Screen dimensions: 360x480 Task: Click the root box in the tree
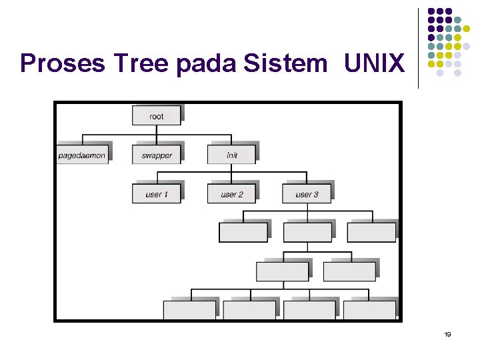click(156, 116)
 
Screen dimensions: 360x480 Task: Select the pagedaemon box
click(82, 155)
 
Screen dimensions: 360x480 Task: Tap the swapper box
click(157, 155)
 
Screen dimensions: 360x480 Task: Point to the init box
click(231, 155)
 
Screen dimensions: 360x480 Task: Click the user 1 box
click(157, 194)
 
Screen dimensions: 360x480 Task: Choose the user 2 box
click(231, 194)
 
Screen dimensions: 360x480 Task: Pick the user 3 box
click(307, 194)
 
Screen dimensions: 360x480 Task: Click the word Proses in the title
click(63, 63)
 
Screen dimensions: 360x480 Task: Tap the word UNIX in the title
click(375, 63)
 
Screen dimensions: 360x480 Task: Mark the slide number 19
click(447, 334)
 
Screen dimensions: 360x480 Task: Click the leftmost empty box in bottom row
click(189, 310)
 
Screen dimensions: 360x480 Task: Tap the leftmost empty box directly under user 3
click(243, 232)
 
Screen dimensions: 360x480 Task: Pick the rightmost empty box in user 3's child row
click(371, 232)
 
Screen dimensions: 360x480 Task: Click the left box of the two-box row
click(283, 271)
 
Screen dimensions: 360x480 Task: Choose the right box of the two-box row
click(349, 271)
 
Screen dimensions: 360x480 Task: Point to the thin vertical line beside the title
click(418, 48)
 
